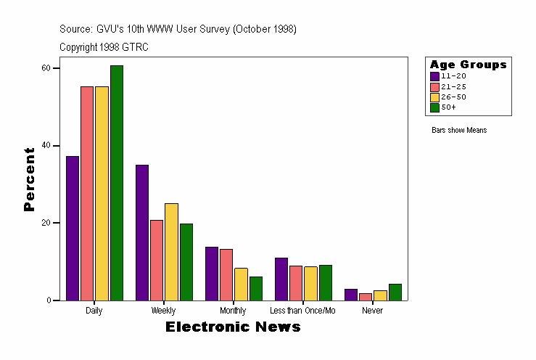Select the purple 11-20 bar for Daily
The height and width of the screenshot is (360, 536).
point(73,228)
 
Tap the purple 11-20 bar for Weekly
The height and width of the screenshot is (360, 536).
point(142,232)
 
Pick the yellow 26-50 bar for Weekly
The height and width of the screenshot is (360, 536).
point(171,252)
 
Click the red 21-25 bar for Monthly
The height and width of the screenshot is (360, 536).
point(226,274)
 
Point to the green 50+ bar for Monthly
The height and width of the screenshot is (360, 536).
point(255,288)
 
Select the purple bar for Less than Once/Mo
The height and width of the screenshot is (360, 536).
point(281,279)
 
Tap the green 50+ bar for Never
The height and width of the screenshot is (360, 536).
point(395,292)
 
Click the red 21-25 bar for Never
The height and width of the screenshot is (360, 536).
point(366,296)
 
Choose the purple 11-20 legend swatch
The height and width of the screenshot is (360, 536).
point(434,75)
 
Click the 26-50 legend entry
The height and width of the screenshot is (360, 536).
point(448,97)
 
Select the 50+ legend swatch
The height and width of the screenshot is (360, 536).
point(434,107)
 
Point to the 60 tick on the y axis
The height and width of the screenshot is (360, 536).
point(46,67)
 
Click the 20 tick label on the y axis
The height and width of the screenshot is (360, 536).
point(46,223)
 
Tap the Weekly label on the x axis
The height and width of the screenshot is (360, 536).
point(163,311)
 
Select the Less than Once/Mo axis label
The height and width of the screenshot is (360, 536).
point(302,311)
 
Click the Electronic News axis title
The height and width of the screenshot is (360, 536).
point(233,327)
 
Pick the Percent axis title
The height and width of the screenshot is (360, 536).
point(29,179)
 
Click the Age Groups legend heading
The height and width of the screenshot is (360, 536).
point(468,65)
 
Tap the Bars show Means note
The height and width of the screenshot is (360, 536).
point(459,131)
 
